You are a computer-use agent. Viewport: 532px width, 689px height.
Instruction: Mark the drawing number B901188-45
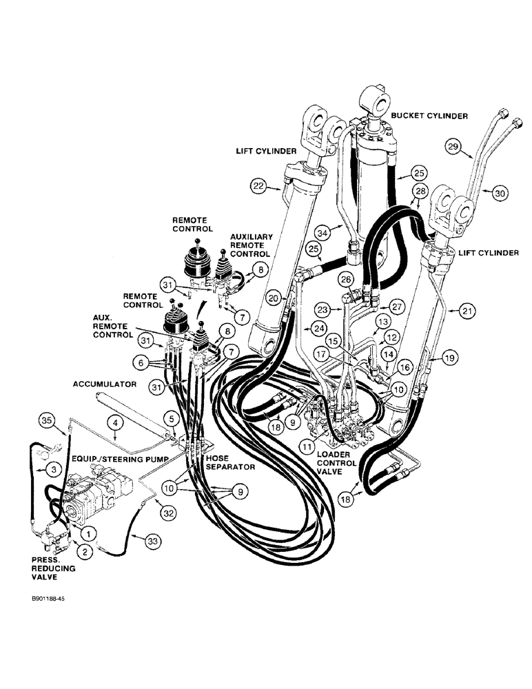click(43, 599)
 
